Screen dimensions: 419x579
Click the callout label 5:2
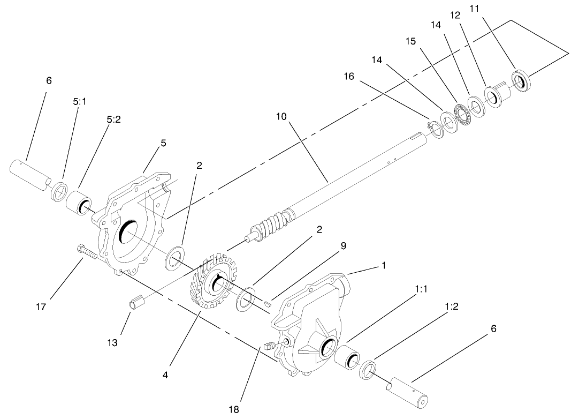(113, 120)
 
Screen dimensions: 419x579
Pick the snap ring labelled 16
(434, 129)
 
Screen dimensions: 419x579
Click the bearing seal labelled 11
(520, 79)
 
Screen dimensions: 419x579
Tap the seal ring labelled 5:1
(59, 191)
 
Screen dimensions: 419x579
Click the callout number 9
(344, 246)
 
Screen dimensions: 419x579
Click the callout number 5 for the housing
(163, 143)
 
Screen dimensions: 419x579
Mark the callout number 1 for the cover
(383, 265)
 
